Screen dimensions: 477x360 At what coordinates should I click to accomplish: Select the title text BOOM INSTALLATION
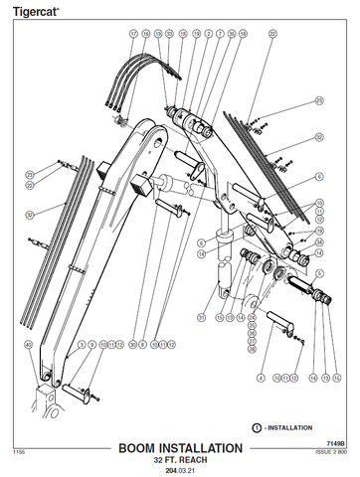(179, 449)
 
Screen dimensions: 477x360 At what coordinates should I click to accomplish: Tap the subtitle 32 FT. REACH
(179, 461)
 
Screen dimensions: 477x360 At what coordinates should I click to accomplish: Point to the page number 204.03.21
(179, 471)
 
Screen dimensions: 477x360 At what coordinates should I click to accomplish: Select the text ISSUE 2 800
(331, 451)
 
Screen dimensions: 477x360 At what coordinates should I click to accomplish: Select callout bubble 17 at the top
(133, 33)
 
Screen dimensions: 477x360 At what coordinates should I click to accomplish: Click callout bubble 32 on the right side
(319, 136)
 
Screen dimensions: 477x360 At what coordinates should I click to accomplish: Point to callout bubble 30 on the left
(30, 214)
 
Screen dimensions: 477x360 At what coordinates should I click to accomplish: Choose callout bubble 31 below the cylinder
(200, 317)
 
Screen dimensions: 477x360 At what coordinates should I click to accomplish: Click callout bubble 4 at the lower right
(261, 378)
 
